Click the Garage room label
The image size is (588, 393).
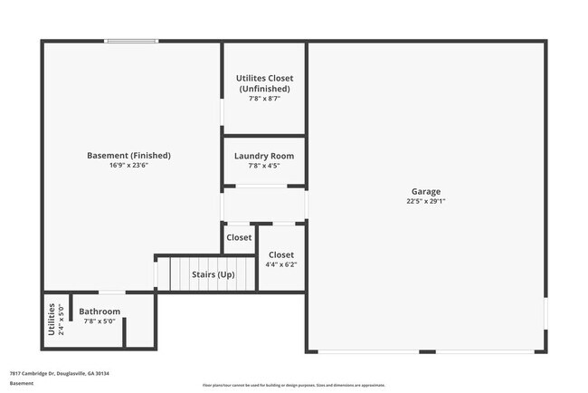pyautogui.click(x=426, y=191)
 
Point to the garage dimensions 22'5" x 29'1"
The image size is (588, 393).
pyautogui.click(x=426, y=202)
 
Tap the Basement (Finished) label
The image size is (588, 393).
pyautogui.click(x=128, y=156)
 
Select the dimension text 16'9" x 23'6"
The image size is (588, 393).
pyautogui.click(x=128, y=166)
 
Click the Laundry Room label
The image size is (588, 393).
pyautogui.click(x=263, y=156)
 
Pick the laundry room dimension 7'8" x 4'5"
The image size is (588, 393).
pyautogui.click(x=263, y=166)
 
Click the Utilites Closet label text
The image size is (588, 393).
pyautogui.click(x=264, y=79)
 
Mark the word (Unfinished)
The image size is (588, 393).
pyautogui.click(x=264, y=89)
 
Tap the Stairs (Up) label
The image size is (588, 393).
pyautogui.click(x=213, y=273)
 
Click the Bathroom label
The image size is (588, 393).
pyautogui.click(x=100, y=312)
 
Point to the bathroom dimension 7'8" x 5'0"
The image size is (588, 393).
pyautogui.click(x=100, y=321)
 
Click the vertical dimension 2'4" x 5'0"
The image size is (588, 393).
pyautogui.click(x=61, y=320)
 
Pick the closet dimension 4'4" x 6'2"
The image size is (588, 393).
pyautogui.click(x=281, y=264)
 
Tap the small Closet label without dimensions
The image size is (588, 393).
pyautogui.click(x=239, y=237)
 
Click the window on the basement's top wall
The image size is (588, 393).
pyautogui.click(x=131, y=41)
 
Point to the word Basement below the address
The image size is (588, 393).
pyautogui.click(x=22, y=383)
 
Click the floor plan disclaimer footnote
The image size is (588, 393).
pyautogui.click(x=294, y=386)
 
